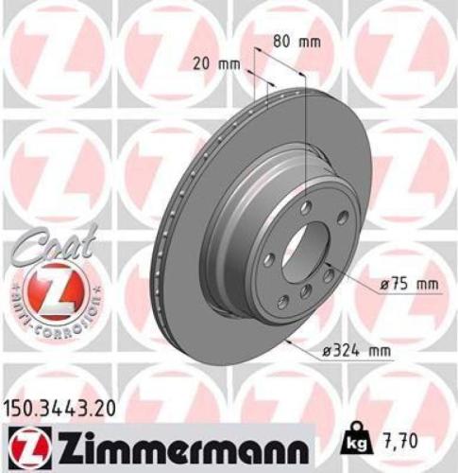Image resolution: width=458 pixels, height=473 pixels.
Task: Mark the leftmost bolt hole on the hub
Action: tap(270, 258)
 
